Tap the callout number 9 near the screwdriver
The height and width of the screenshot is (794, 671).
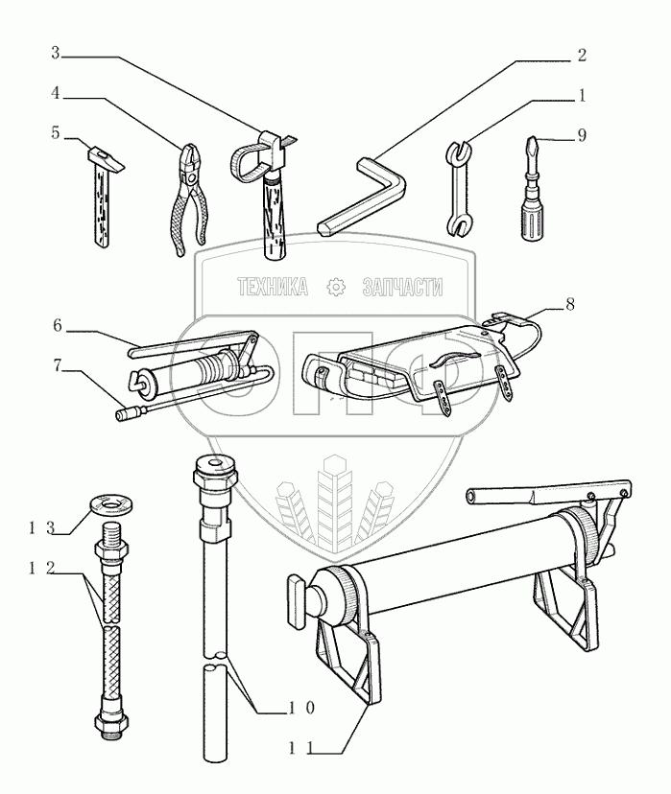coord(581,136)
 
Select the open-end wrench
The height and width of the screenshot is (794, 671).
coord(459,188)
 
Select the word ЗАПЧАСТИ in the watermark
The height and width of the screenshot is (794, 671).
coord(403,287)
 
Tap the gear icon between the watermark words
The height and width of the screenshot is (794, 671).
coord(336,287)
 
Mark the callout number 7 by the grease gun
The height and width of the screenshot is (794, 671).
coord(57,364)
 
